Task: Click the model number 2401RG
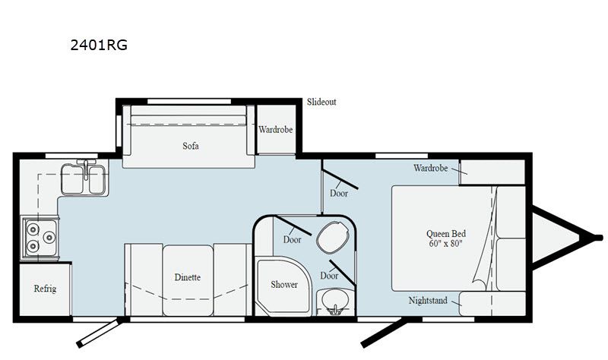pyautogui.click(x=99, y=45)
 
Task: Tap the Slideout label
pyautogui.click(x=321, y=102)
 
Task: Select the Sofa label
pyautogui.click(x=191, y=146)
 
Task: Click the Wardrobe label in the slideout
pyautogui.click(x=276, y=129)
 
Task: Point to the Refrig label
pyautogui.click(x=45, y=289)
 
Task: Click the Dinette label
pyautogui.click(x=187, y=277)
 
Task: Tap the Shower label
pyautogui.click(x=284, y=285)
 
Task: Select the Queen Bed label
pyautogui.click(x=446, y=234)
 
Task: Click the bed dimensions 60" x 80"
pyautogui.click(x=446, y=243)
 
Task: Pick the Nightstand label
pyautogui.click(x=428, y=300)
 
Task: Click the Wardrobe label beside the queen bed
pyautogui.click(x=430, y=168)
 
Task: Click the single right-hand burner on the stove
pyautogui.click(x=49, y=237)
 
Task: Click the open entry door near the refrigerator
pyautogui.click(x=100, y=333)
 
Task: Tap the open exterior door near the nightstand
pyautogui.click(x=384, y=333)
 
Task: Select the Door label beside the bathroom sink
pyautogui.click(x=329, y=276)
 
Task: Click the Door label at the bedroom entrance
pyautogui.click(x=339, y=193)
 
